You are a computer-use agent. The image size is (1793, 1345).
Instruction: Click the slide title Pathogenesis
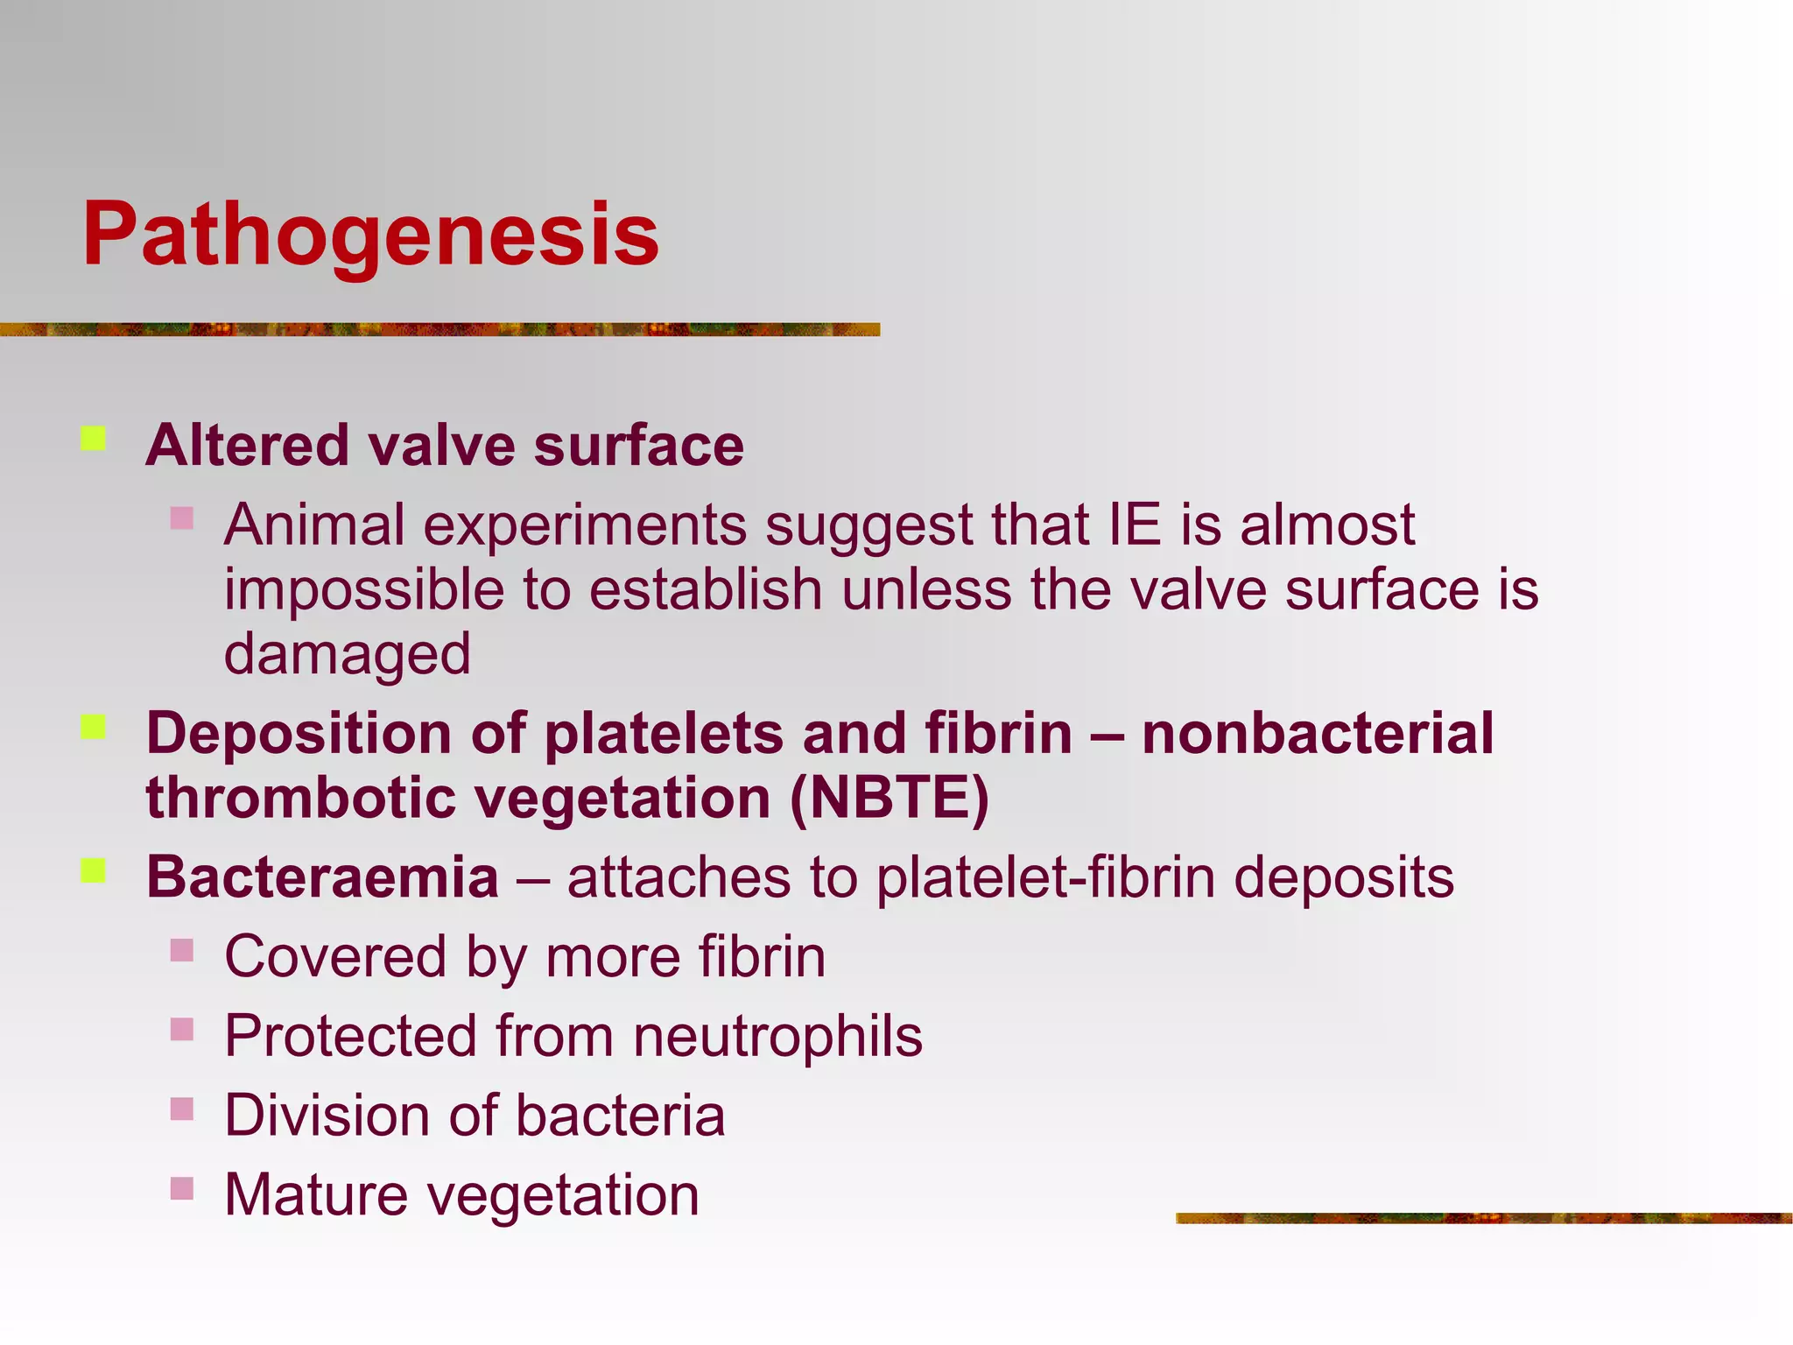[370, 235]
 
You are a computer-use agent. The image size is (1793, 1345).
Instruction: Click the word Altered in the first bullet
[247, 446]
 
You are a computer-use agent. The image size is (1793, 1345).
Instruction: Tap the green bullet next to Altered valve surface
[94, 438]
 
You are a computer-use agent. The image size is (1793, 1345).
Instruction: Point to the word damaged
[348, 655]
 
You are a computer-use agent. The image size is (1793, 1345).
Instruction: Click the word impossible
[363, 590]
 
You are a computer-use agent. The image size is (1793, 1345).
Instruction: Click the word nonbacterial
[1318, 733]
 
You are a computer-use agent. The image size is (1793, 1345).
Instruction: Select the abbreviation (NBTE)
[889, 798]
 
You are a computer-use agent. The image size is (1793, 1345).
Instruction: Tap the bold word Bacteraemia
[322, 877]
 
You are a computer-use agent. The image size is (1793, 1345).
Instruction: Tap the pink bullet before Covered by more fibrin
[182, 950]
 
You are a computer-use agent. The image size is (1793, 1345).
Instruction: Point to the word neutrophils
[777, 1036]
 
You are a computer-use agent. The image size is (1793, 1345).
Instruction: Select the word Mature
[316, 1195]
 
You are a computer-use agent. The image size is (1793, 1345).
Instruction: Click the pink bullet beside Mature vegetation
[182, 1188]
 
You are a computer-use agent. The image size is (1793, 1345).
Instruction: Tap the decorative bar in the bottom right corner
[1483, 1218]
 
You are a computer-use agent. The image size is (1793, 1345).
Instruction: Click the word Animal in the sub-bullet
[314, 525]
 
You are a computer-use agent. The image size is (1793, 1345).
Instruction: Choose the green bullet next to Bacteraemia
[94, 870]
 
